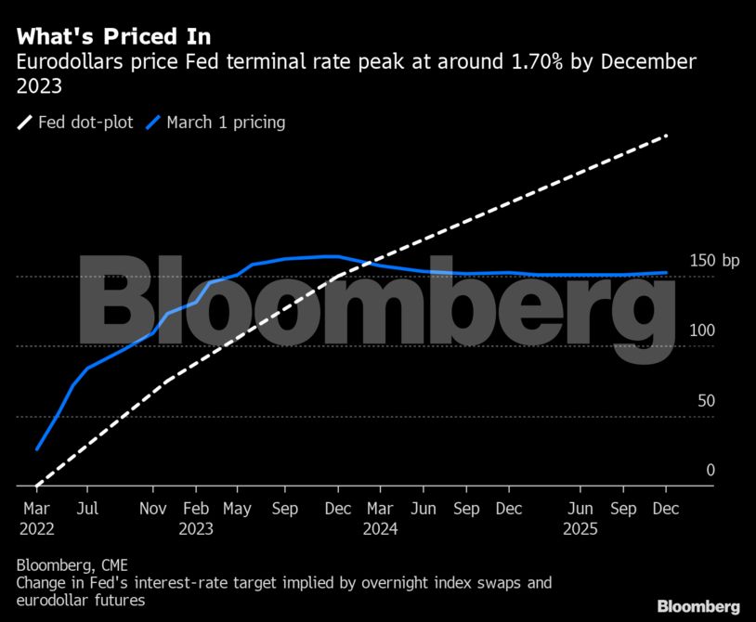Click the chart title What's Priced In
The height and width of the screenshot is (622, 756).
(113, 37)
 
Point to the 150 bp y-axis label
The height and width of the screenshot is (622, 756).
(715, 261)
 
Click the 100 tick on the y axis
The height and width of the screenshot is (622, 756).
(702, 330)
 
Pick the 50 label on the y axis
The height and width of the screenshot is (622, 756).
(706, 401)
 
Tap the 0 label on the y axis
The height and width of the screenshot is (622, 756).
(710, 471)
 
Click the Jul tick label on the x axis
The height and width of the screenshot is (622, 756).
(87, 509)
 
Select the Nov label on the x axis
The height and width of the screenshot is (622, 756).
(153, 509)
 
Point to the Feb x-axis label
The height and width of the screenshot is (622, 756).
(196, 509)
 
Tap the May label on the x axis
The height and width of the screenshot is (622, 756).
(237, 509)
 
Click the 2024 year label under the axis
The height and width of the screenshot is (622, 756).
(380, 528)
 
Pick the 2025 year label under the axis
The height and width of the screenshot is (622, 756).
(580, 528)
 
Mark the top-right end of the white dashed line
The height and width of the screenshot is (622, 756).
(666, 136)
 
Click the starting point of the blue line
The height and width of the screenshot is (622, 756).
(38, 449)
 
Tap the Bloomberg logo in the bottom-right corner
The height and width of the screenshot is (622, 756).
(698, 606)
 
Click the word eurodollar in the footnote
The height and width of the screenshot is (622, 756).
(55, 601)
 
